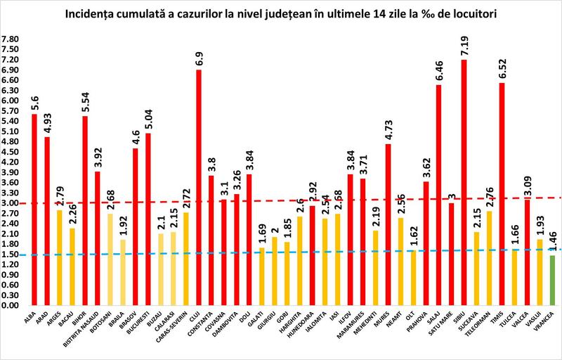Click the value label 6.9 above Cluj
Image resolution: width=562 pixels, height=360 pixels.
tap(199, 56)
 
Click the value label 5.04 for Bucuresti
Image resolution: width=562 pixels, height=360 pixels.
tap(148, 115)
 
